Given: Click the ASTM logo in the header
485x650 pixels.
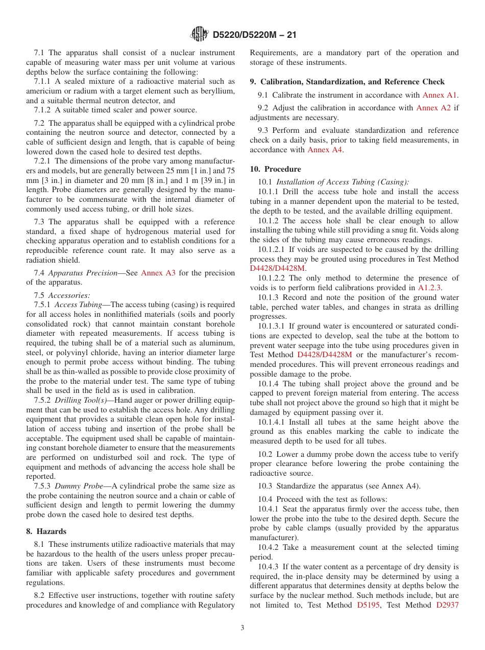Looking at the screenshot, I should coord(199,34).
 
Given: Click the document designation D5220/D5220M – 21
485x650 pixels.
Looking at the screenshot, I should coord(253,35).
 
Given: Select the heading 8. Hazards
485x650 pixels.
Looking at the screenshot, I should coord(46,531).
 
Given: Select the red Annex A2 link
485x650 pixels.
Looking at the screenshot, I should coord(433,108).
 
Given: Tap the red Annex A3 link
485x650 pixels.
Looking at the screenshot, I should coord(158,273).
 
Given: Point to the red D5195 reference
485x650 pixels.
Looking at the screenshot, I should coord(368,605).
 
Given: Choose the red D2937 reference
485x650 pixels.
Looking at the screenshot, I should coord(447,605).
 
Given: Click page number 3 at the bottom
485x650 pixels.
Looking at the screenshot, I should coord(243,628).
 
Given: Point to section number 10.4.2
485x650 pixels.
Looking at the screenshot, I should coord(269,547).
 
